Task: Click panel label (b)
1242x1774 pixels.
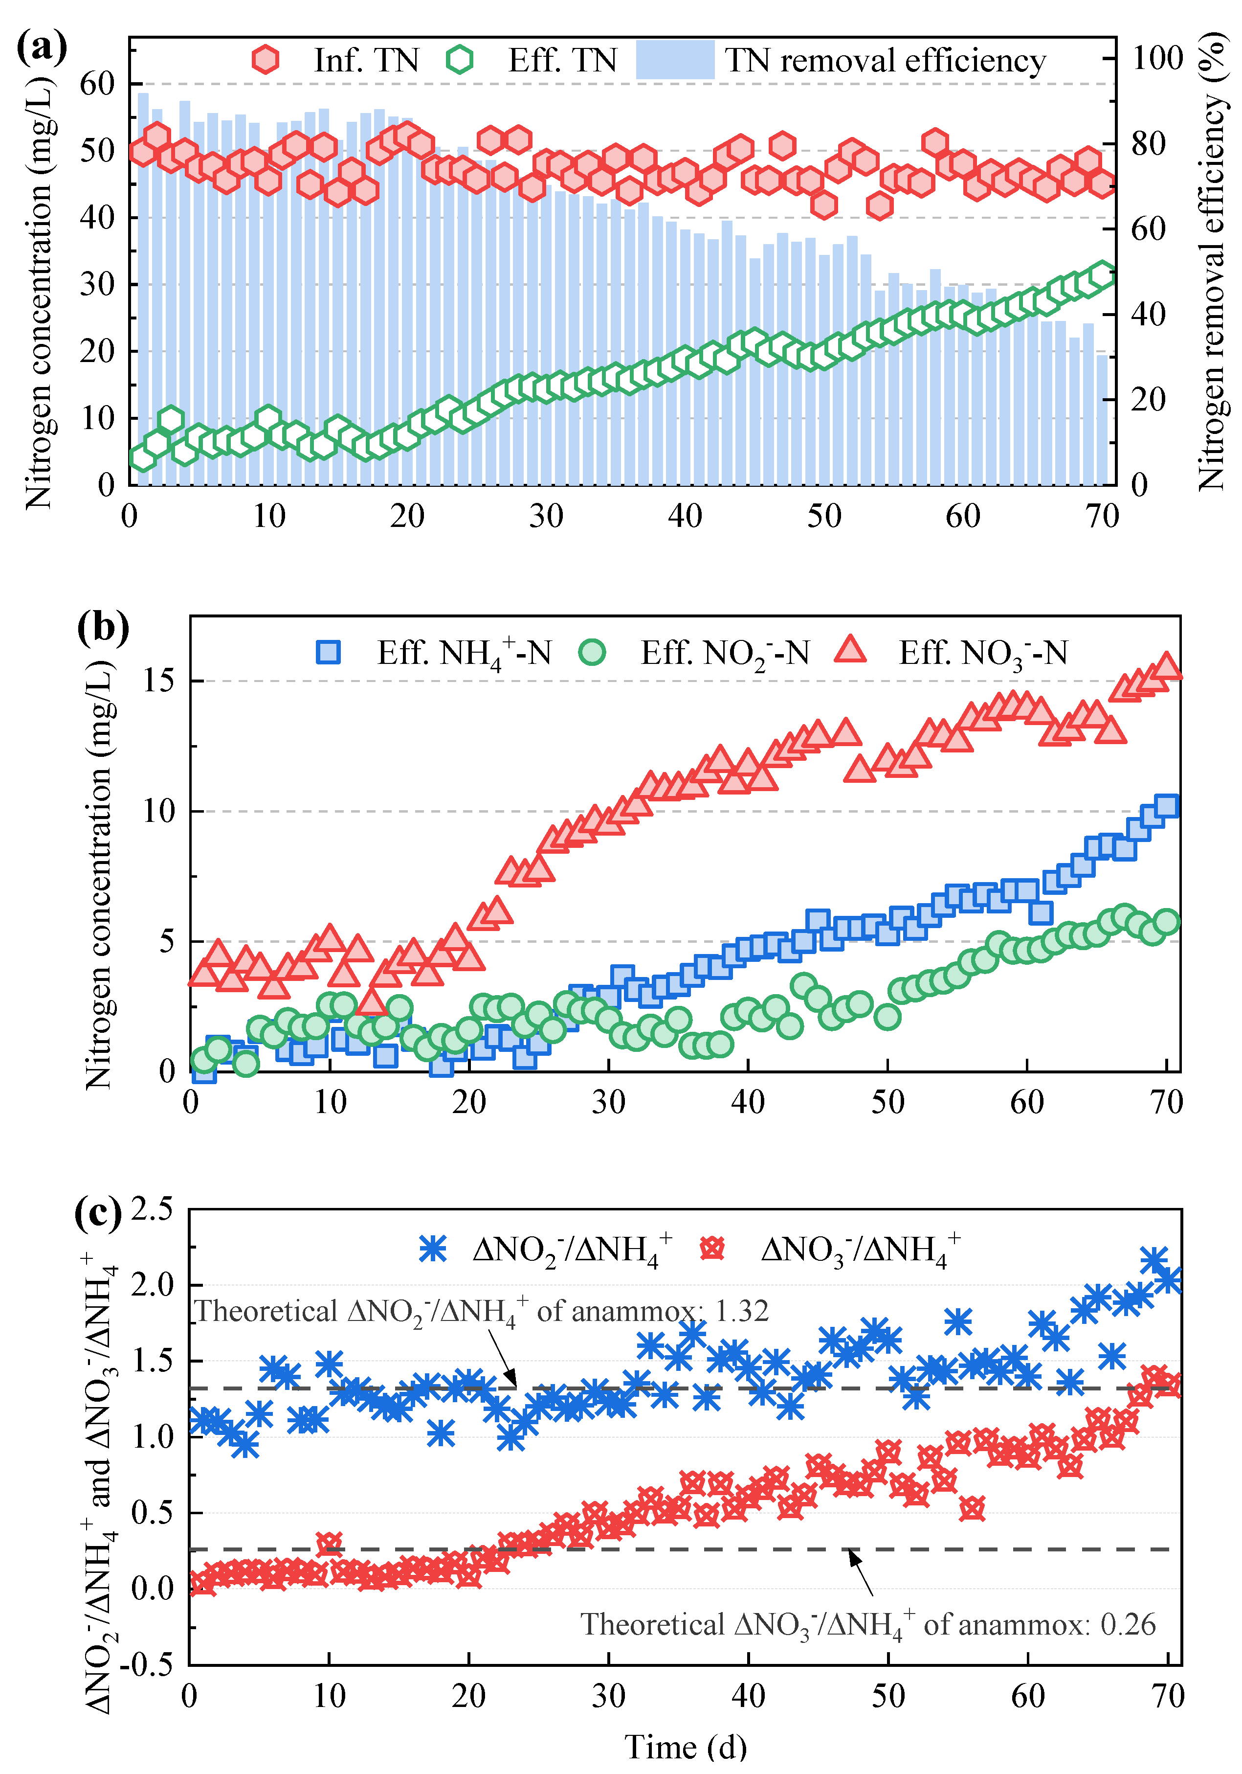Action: pos(103,627)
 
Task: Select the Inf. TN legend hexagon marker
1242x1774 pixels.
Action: pos(265,60)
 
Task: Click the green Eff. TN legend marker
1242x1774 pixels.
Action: pos(460,60)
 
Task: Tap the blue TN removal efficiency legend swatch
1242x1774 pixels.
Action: pos(674,60)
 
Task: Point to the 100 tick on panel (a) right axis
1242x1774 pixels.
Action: pos(1157,58)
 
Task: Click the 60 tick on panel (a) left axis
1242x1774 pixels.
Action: pos(96,84)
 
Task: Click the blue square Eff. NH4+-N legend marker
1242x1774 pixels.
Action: pos(328,652)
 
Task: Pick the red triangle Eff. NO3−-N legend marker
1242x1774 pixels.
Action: pos(850,651)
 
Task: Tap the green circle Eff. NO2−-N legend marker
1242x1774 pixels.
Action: pos(593,652)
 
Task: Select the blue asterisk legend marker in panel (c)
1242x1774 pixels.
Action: pos(433,1249)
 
